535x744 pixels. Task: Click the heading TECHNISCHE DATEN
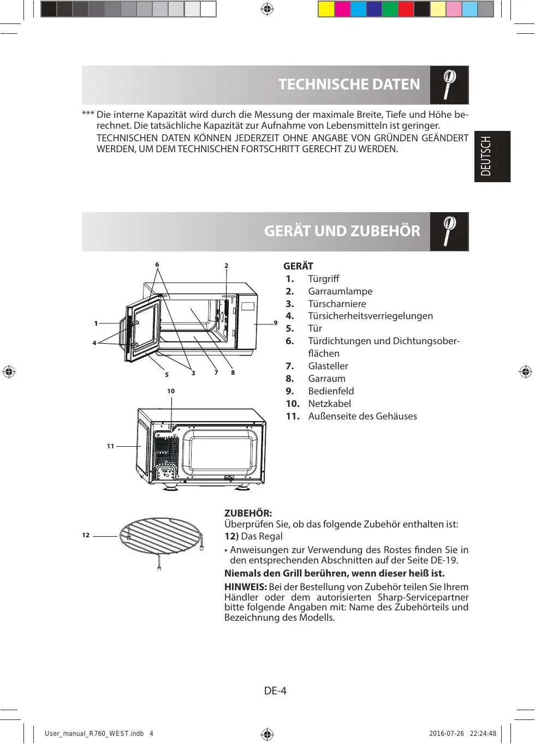point(349,85)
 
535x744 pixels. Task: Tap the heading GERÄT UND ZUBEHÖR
point(342,231)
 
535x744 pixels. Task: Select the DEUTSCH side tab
point(492,157)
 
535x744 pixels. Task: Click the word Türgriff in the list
point(323,279)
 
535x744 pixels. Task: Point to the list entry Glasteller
point(328,366)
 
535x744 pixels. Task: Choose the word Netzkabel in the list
point(329,404)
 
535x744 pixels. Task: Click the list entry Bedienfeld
point(331,391)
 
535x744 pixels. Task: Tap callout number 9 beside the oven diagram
point(276,323)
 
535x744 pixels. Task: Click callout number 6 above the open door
point(157,265)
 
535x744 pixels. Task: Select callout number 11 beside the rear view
point(110,446)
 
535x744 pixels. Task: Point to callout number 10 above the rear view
point(171,391)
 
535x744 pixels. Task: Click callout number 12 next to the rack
point(86,535)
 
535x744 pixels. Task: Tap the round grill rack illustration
point(160,536)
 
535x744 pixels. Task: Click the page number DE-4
point(275,691)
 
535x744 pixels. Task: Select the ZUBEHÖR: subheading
point(248,513)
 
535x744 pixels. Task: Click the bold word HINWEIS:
point(245,587)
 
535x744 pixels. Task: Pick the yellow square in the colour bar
point(326,9)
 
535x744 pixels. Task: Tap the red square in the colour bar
point(406,9)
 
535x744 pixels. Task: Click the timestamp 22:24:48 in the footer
point(483,734)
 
